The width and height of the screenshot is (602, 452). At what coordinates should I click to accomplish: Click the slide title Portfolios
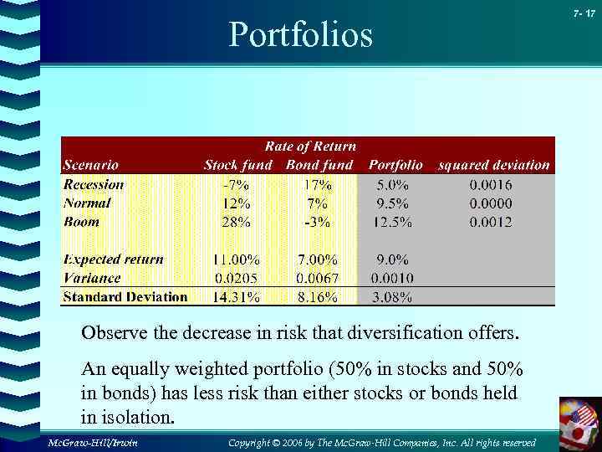coord(300,35)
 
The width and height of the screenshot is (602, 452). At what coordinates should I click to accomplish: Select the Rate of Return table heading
coord(310,146)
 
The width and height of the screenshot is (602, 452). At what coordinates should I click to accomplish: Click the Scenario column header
coord(90,165)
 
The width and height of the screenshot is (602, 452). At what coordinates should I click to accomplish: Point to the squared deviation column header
coord(493,165)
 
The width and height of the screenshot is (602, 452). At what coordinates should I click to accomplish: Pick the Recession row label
coord(94,184)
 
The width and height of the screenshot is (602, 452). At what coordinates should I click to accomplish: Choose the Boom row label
coord(81,222)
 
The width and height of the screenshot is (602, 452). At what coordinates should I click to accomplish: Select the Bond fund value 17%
coord(319,184)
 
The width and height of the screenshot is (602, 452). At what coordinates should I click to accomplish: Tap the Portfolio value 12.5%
coord(393,222)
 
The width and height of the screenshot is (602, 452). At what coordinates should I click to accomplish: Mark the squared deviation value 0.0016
coord(491,184)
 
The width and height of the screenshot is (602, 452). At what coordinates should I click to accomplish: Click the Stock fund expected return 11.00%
coord(237,259)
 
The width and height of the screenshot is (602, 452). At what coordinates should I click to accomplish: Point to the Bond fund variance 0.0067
coord(318,278)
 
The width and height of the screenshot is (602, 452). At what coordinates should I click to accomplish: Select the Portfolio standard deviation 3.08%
coord(391,297)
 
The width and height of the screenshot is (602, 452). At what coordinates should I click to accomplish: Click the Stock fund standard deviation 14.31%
coord(237,297)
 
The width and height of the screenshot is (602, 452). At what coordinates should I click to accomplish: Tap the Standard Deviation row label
coord(125,297)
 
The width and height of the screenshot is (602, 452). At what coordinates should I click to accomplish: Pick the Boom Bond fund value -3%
coord(318,222)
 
